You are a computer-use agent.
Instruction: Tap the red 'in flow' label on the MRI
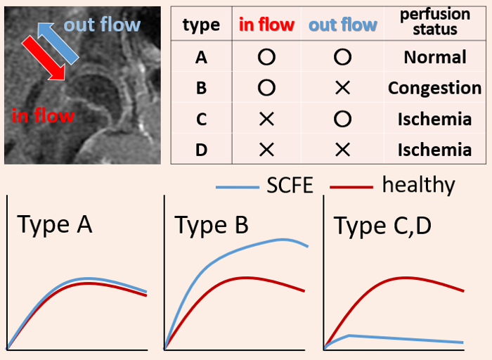click(x=43, y=115)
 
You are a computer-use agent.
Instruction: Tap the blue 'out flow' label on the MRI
click(x=102, y=25)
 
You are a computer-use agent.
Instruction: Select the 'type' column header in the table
click(x=201, y=25)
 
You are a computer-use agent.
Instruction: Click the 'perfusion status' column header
click(x=435, y=22)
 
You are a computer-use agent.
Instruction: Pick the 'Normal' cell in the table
click(x=435, y=58)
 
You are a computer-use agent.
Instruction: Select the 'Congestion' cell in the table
click(x=435, y=88)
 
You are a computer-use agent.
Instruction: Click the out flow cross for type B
click(x=342, y=88)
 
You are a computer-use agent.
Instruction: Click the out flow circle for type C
click(x=342, y=119)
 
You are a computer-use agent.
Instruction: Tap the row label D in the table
click(x=201, y=150)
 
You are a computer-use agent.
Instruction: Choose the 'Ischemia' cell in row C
click(x=435, y=119)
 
